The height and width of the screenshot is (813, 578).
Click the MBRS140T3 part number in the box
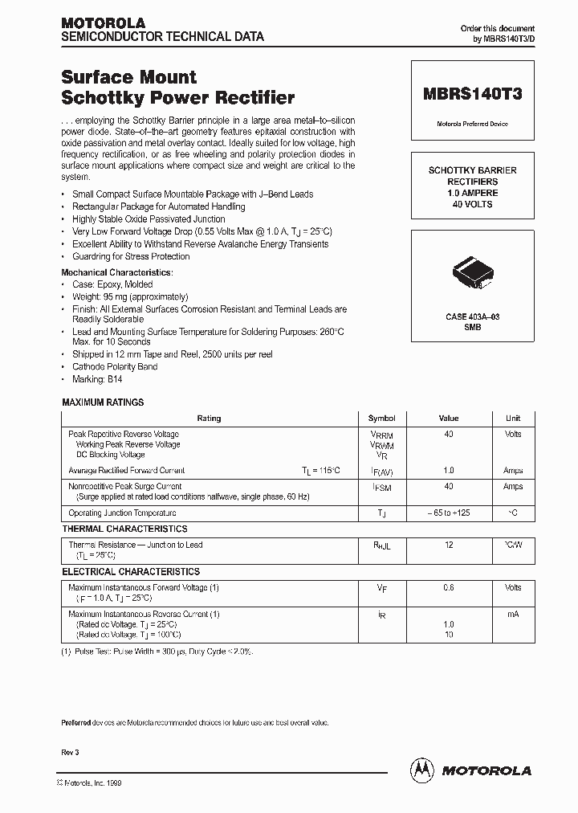(472, 93)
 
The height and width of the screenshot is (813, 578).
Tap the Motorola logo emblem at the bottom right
(421, 769)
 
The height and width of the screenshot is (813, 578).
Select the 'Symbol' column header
(381, 419)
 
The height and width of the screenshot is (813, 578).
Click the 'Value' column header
(448, 419)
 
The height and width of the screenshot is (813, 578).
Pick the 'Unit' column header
(513, 419)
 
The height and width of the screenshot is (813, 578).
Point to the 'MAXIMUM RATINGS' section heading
(103, 402)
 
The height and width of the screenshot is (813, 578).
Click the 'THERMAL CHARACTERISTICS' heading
(124, 529)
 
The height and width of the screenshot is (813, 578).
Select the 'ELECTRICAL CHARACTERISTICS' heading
(131, 572)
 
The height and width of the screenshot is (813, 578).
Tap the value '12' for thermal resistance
(448, 545)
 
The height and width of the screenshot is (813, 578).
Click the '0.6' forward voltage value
(448, 588)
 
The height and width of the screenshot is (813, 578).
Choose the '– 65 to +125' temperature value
(448, 513)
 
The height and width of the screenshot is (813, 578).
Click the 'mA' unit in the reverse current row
(513, 615)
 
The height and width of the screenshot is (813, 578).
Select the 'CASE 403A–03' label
(472, 317)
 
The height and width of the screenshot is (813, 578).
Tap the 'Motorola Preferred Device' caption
(472, 124)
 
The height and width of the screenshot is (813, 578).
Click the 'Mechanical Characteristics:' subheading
(116, 272)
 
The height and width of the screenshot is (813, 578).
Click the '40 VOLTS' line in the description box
(472, 204)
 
